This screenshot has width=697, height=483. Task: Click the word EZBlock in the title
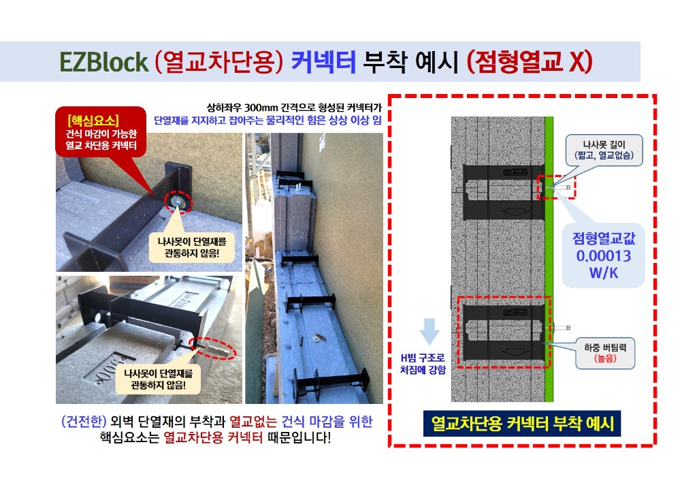(x=103, y=62)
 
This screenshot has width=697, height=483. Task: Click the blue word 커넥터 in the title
(x=323, y=62)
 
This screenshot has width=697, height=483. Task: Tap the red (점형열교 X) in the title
(x=530, y=62)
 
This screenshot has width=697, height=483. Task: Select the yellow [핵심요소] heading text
(x=93, y=121)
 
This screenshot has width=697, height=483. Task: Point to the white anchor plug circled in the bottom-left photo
(x=218, y=349)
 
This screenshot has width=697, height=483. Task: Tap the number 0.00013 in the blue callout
(x=603, y=255)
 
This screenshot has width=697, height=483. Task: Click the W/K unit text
(x=603, y=272)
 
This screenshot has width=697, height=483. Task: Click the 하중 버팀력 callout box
(x=605, y=353)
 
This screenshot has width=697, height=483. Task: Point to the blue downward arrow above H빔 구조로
(x=429, y=331)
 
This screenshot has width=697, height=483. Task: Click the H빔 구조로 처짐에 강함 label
(x=422, y=364)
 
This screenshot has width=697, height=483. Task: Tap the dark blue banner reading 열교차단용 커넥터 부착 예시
(x=521, y=424)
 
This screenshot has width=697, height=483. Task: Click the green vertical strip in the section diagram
(x=549, y=260)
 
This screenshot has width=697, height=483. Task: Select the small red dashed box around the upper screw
(x=556, y=187)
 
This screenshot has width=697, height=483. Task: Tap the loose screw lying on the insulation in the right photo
(x=319, y=338)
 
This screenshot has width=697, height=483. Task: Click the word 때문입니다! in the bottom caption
(x=299, y=437)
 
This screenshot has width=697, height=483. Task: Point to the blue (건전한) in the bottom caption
(x=84, y=421)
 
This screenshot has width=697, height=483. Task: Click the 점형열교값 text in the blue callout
(x=604, y=238)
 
